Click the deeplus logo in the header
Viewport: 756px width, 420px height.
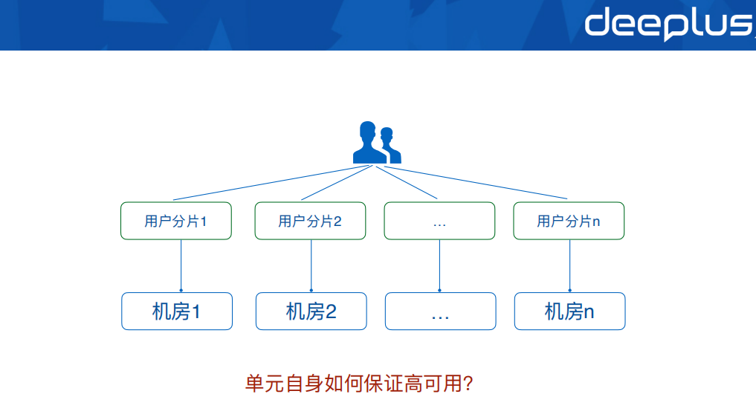point(667,23)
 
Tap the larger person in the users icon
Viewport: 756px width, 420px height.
point(368,144)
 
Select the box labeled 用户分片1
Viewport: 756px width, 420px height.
point(176,221)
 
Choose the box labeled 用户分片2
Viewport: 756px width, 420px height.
point(310,221)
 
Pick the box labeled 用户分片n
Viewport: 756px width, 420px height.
point(569,221)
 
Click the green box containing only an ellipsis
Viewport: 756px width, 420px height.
point(439,221)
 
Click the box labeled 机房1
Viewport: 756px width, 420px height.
point(177,311)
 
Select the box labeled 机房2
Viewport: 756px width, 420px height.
point(311,311)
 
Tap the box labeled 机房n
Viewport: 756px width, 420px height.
point(569,311)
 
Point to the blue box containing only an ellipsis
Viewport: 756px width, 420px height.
point(440,311)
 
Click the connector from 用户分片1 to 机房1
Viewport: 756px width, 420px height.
point(181,264)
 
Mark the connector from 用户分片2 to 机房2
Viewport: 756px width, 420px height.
point(311,264)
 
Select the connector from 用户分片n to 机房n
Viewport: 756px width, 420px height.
point(569,264)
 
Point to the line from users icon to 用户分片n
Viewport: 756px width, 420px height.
point(476,183)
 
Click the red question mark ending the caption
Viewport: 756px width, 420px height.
point(468,384)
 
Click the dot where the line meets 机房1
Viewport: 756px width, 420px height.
point(181,290)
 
